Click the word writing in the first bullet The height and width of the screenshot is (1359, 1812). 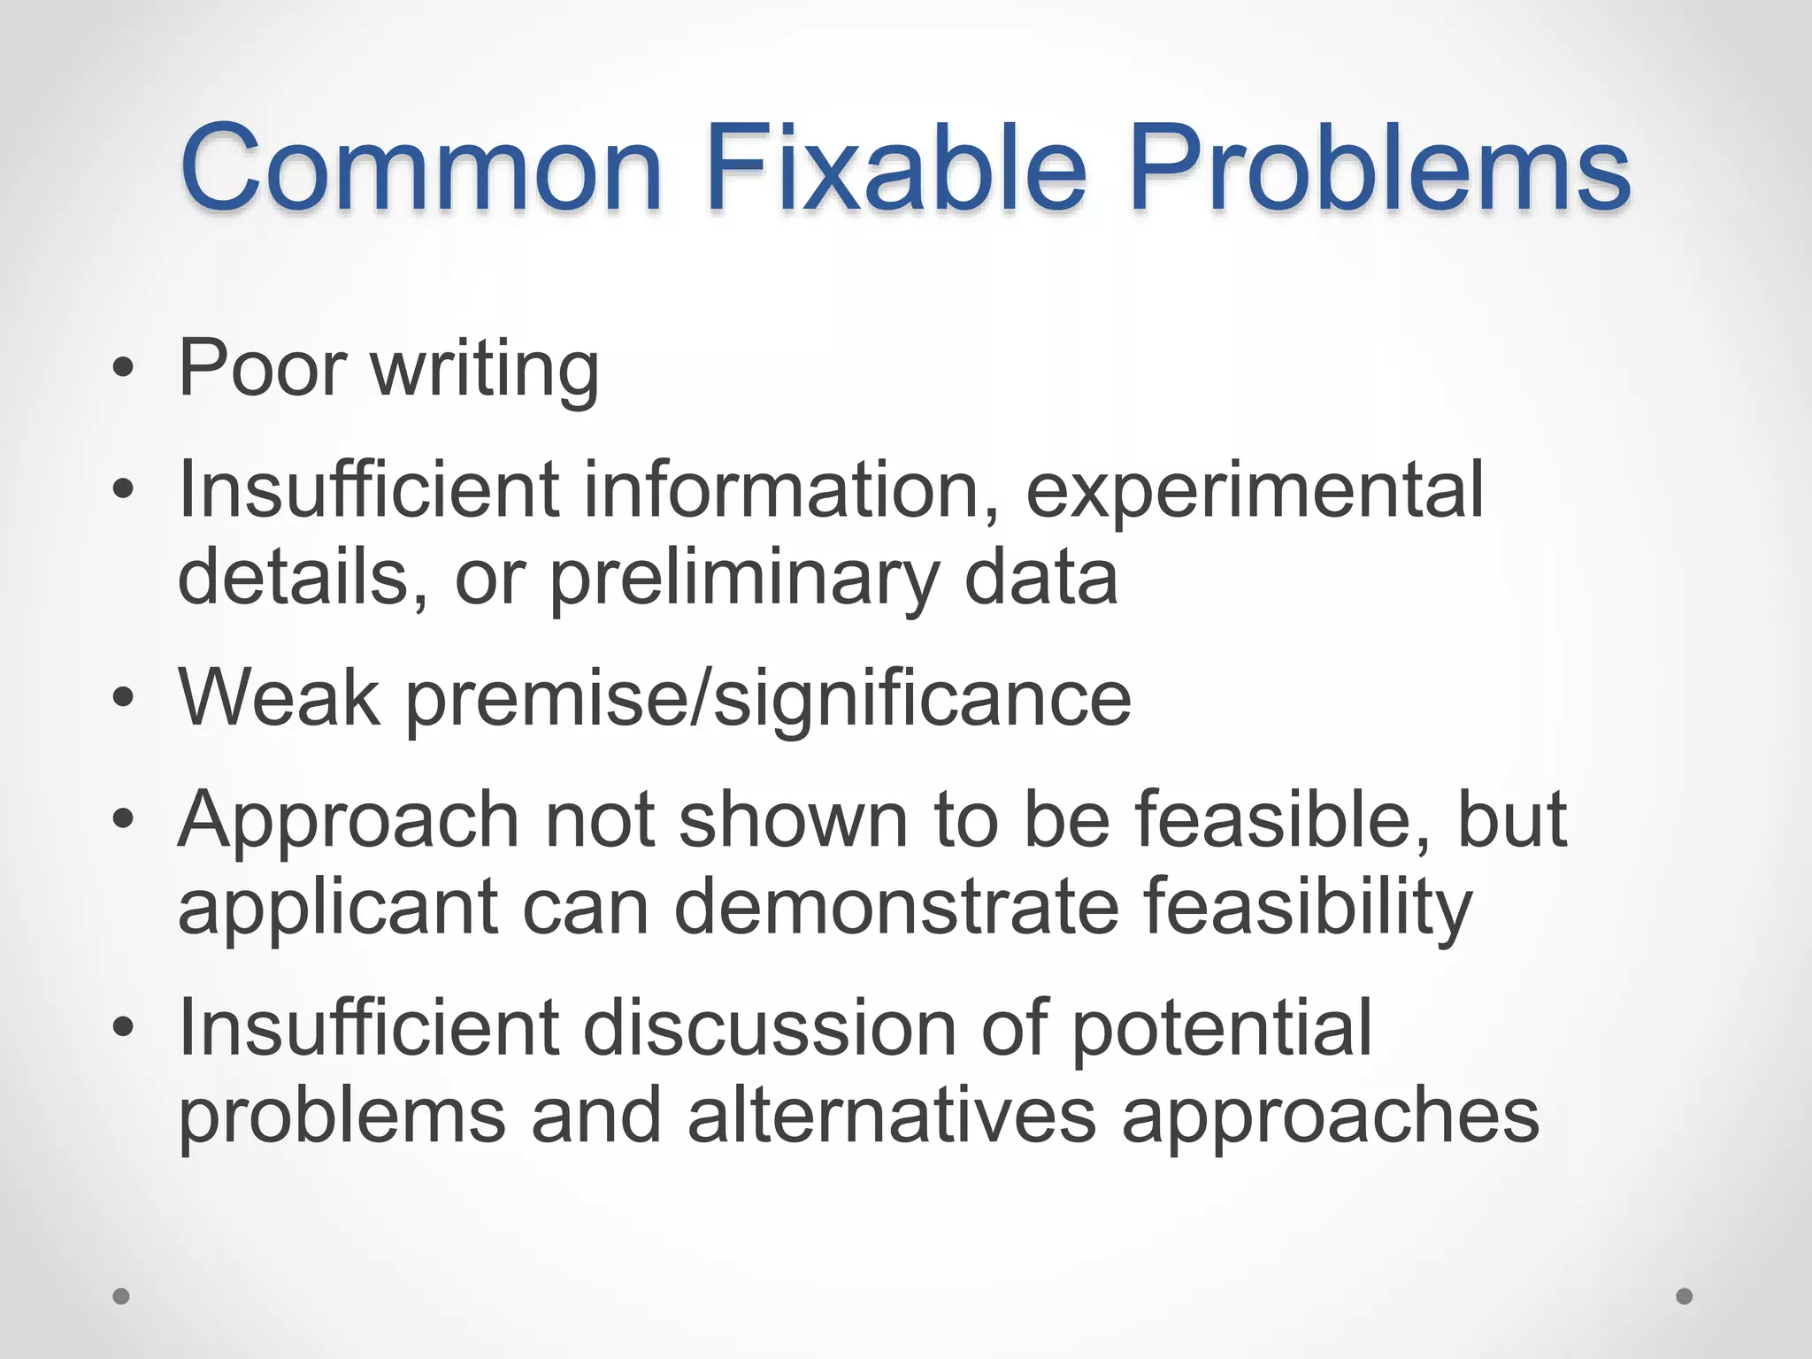(485, 370)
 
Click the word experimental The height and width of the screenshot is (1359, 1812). (1255, 492)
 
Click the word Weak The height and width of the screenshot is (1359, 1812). (280, 699)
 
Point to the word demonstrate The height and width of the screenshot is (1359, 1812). (896, 908)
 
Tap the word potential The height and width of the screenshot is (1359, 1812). (1221, 1030)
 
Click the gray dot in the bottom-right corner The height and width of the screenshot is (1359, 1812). (1685, 1296)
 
